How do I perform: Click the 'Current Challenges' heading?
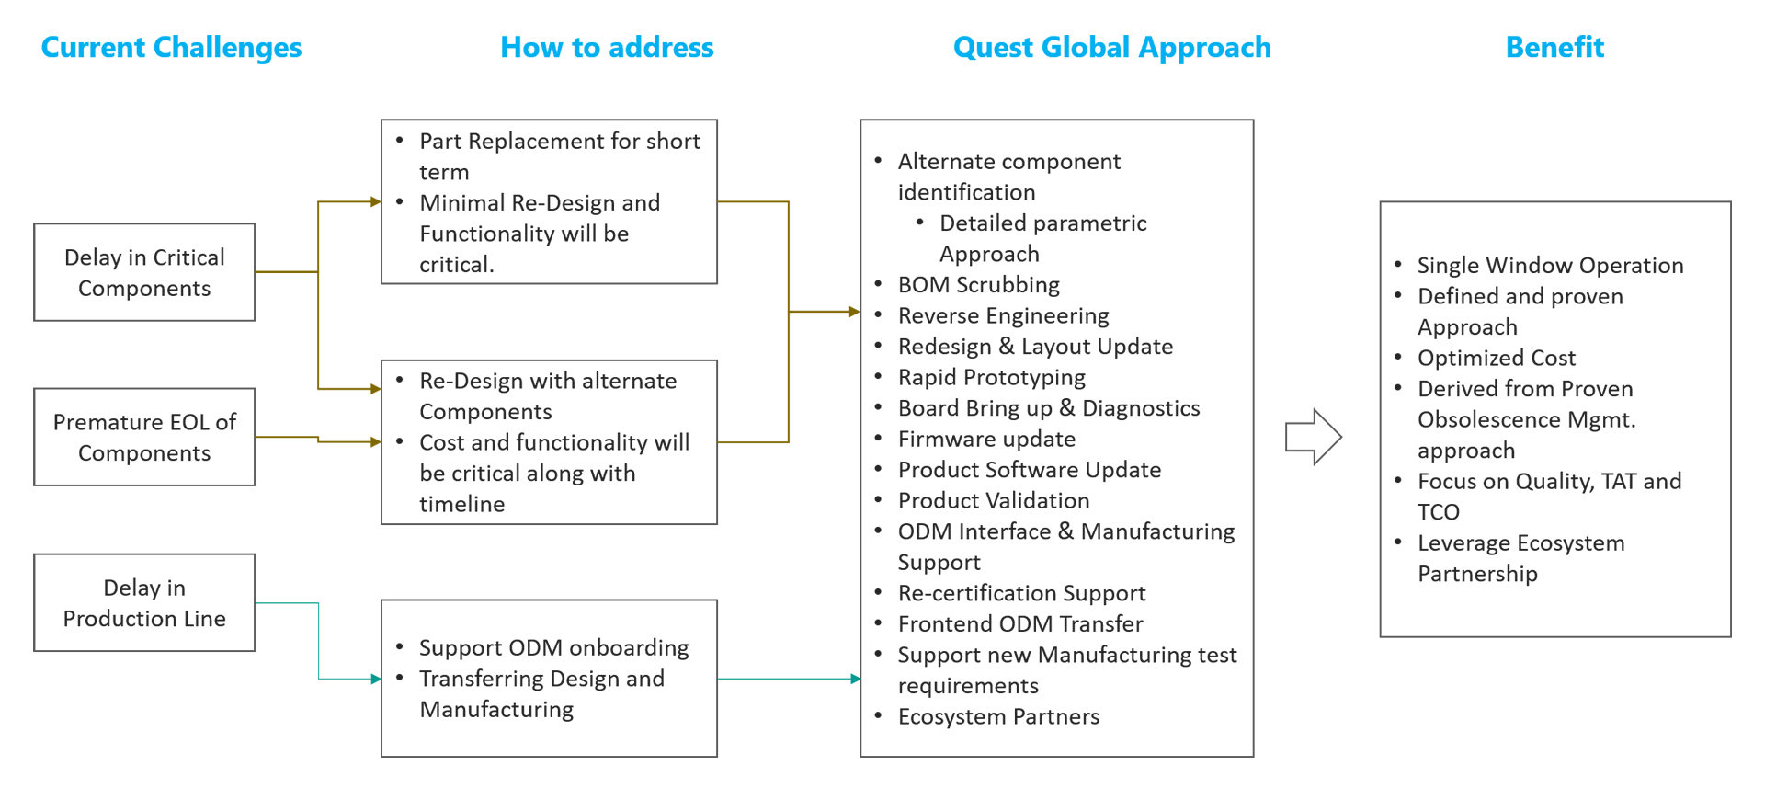[x=171, y=47]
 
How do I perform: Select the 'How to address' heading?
[x=607, y=47]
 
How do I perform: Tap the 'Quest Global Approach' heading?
[x=1111, y=47]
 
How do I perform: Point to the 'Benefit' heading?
[x=1554, y=47]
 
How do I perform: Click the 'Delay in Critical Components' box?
[x=144, y=272]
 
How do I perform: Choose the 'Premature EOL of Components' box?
[x=144, y=437]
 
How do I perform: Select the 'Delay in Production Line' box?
[x=144, y=602]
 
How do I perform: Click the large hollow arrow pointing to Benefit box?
[x=1314, y=437]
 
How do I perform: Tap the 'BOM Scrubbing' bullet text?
[x=978, y=285]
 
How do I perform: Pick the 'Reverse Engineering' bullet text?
[x=1003, y=316]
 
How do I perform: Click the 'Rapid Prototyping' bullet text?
[x=991, y=378]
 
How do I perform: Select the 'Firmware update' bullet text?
[x=986, y=440]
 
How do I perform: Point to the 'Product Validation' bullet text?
[x=993, y=501]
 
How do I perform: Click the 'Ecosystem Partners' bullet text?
[x=998, y=717]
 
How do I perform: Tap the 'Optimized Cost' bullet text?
[x=1496, y=359]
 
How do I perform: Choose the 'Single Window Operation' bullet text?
[x=1550, y=266]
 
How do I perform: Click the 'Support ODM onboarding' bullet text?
[x=553, y=648]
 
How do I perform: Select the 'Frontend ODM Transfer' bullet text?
[x=1020, y=624]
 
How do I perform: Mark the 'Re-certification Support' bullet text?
[x=1021, y=594]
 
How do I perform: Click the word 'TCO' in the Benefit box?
[x=1439, y=512]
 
